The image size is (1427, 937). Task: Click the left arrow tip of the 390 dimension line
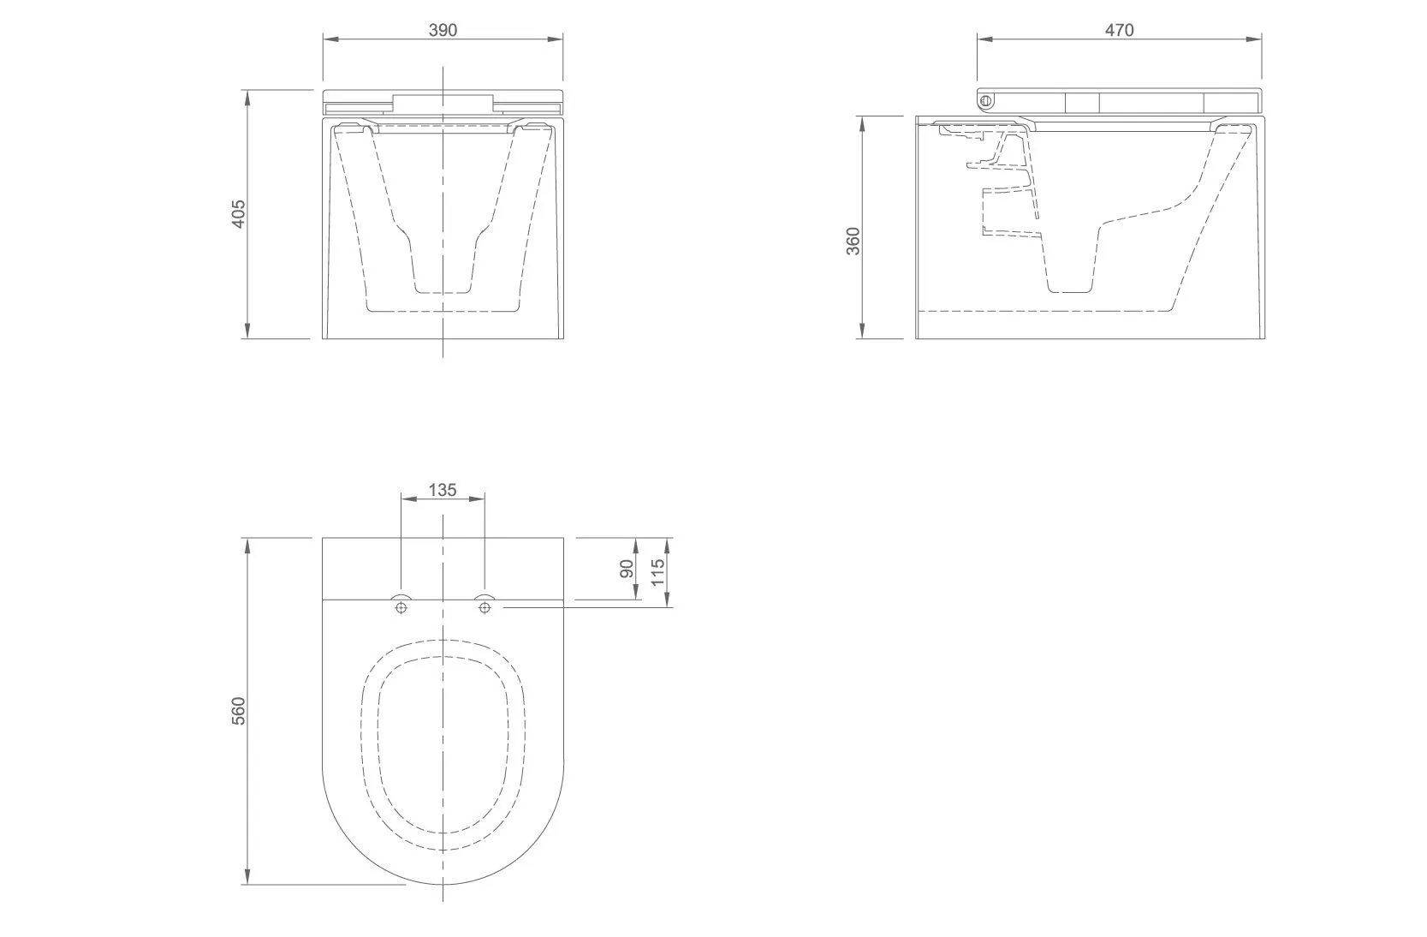pyautogui.click(x=323, y=39)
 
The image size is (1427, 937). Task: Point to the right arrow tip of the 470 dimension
pyautogui.click(x=1262, y=39)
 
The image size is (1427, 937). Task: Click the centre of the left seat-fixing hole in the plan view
pyautogui.click(x=401, y=607)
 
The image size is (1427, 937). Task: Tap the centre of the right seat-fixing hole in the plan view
pyautogui.click(x=485, y=607)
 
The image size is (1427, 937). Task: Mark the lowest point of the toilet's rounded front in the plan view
pyautogui.click(x=443, y=885)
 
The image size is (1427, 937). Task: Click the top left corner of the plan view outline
pyautogui.click(x=323, y=538)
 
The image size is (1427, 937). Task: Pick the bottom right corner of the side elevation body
pyautogui.click(x=1264, y=338)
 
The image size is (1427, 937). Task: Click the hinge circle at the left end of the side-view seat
pyautogui.click(x=986, y=101)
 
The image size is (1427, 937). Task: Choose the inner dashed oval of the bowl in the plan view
pyautogui.click(x=443, y=744)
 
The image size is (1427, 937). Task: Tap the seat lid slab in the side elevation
pyautogui.click(x=1120, y=102)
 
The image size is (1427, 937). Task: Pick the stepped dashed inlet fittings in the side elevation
pyautogui.click(x=1002, y=182)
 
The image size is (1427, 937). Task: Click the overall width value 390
pyautogui.click(x=443, y=29)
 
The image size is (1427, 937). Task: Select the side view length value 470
pyautogui.click(x=1120, y=29)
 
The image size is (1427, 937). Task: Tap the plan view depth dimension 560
pyautogui.click(x=238, y=711)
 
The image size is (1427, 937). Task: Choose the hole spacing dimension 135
pyautogui.click(x=443, y=490)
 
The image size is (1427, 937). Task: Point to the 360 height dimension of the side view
pyautogui.click(x=853, y=241)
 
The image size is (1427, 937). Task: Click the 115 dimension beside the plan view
pyautogui.click(x=658, y=572)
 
